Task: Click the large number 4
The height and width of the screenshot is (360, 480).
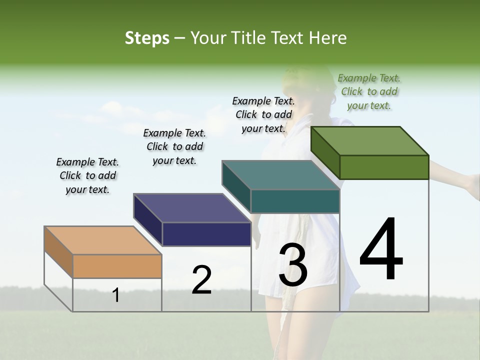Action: click(381, 249)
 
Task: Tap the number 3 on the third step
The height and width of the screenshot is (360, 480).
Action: click(293, 265)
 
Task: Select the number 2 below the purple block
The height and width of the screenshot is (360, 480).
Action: click(201, 280)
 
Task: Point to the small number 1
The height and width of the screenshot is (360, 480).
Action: click(116, 295)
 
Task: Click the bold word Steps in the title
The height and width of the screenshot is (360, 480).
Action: click(147, 38)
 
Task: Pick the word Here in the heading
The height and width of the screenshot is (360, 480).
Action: click(328, 38)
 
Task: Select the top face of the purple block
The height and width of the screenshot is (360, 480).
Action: click(192, 208)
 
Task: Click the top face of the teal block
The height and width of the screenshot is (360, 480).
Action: click(281, 175)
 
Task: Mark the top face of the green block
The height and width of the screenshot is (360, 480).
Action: click(370, 141)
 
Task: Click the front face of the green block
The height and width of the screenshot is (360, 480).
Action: click(384, 167)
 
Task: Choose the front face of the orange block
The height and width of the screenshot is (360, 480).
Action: click(117, 266)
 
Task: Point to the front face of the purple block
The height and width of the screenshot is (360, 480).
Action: click(206, 234)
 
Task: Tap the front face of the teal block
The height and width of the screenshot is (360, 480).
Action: click(295, 201)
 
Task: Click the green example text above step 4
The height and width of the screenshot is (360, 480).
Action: click(369, 92)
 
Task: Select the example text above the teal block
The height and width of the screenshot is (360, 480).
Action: click(263, 114)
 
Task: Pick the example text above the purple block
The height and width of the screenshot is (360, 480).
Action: click(174, 147)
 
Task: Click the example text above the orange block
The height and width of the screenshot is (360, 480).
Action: click(87, 175)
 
